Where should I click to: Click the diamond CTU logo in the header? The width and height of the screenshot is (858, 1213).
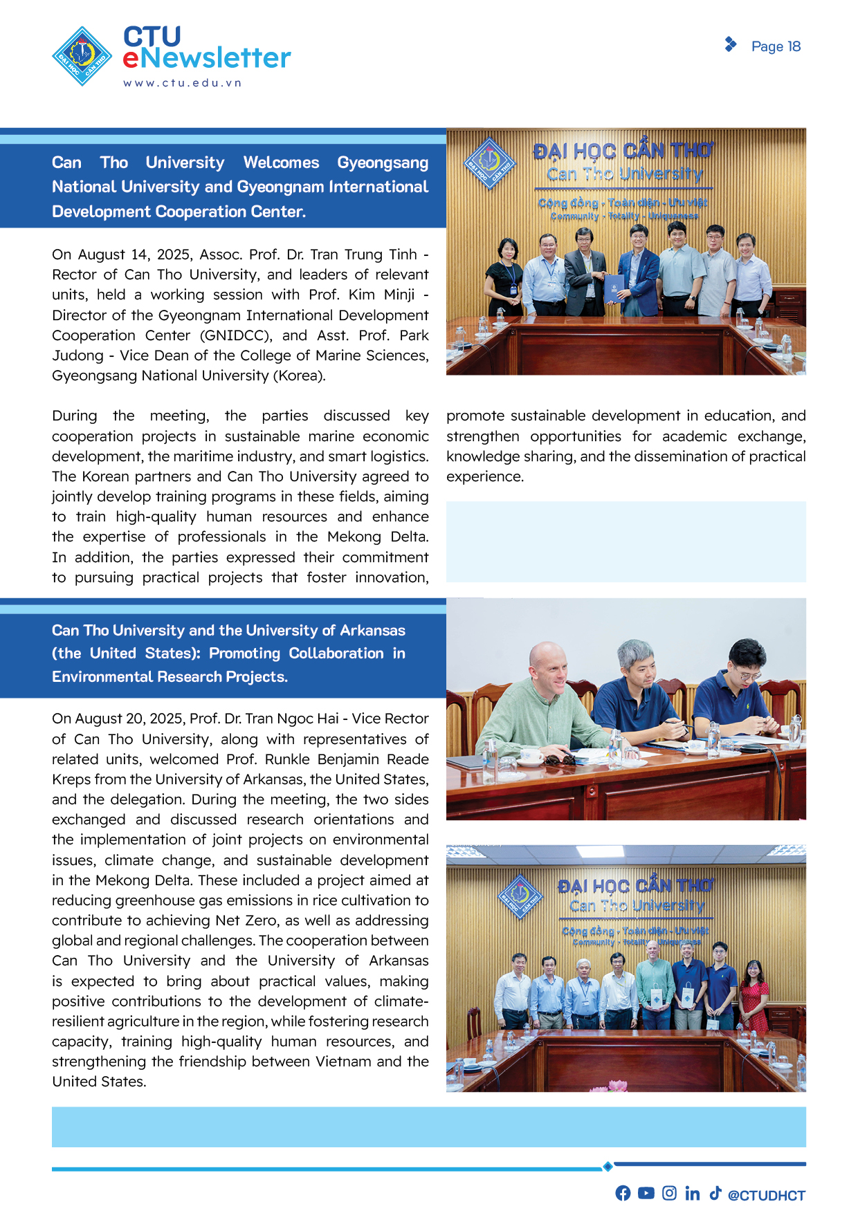pos(82,56)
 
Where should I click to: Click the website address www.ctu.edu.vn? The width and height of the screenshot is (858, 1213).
pos(183,83)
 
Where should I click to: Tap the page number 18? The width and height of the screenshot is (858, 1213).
pos(794,46)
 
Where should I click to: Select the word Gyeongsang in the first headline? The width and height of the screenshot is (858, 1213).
pos(383,163)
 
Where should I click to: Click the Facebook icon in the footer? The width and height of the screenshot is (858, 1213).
pos(623,1193)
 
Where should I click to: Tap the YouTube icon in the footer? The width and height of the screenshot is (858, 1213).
pos(646,1193)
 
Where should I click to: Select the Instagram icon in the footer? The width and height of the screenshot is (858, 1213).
pos(669,1193)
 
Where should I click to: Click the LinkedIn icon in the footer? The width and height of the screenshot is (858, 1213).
pos(692,1193)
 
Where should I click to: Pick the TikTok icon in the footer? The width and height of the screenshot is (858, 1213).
pos(715,1193)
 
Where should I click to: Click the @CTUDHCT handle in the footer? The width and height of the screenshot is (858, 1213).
pos(767,1196)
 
